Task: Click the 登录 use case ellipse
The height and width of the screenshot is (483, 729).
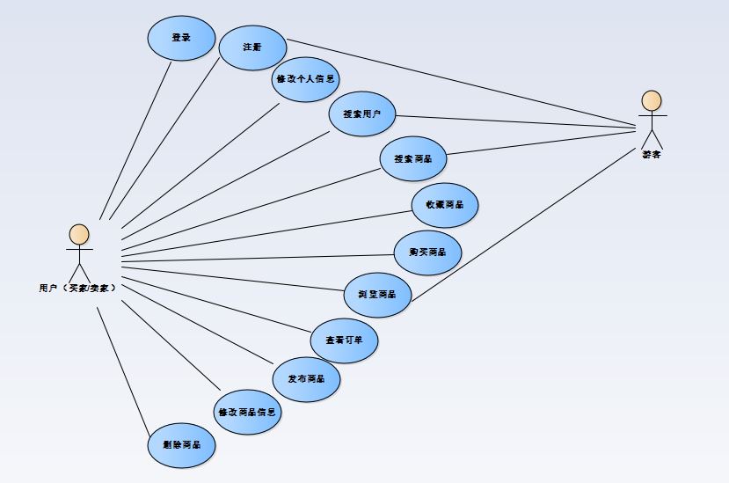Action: point(181,38)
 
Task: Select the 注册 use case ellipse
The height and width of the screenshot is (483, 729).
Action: point(252,47)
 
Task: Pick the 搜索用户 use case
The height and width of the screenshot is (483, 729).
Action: point(362,114)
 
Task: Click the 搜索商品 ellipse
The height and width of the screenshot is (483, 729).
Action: point(412,159)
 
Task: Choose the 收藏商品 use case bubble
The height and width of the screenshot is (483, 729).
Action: point(445,205)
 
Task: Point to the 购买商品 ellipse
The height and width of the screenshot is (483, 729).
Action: point(427,252)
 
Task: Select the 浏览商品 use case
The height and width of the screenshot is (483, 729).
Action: point(378,295)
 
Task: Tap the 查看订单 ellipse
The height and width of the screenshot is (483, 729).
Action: point(345,340)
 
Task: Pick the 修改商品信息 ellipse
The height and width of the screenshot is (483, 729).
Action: point(248,412)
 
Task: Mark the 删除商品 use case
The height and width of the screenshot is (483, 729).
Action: point(181,444)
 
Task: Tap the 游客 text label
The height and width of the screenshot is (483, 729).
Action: point(651,154)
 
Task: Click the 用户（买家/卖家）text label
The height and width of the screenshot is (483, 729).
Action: point(78,287)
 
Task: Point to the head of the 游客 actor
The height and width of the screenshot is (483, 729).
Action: point(651,99)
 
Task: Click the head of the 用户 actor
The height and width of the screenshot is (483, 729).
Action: point(79,234)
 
